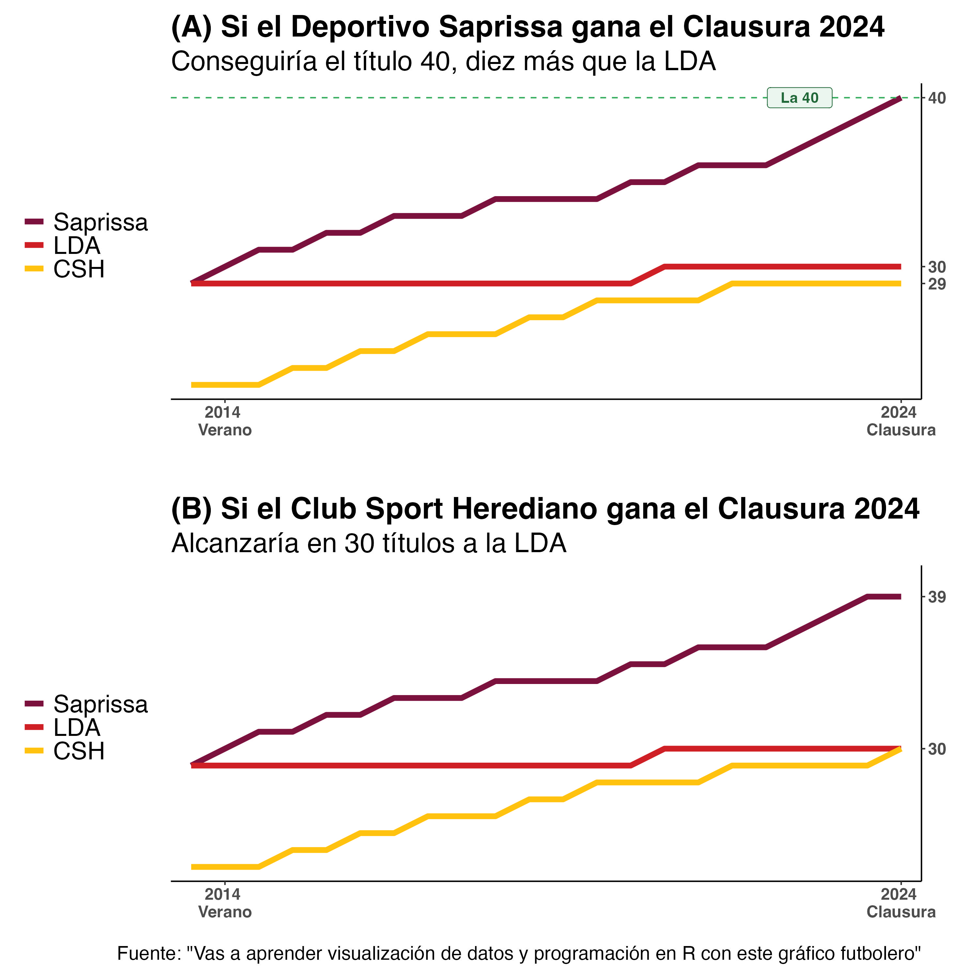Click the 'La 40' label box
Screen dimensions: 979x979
799,98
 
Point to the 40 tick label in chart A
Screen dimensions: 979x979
937,98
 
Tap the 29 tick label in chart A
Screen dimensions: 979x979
937,284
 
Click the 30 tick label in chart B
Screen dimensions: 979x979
937,749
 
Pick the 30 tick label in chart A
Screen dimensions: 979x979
937,267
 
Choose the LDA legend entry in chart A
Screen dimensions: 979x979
76,246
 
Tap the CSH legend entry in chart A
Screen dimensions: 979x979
79,269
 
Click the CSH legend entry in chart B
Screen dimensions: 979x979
79,751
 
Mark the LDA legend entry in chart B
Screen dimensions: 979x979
76,728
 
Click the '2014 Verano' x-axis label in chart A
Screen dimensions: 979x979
225,421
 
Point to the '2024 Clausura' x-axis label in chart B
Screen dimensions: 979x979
900,904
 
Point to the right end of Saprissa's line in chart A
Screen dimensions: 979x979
900,98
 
